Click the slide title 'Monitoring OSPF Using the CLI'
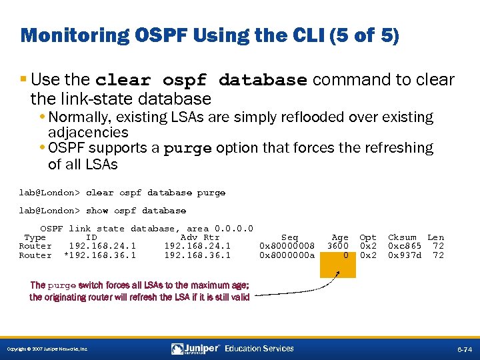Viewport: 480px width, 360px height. pos(210,35)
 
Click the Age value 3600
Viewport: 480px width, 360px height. pos(337,246)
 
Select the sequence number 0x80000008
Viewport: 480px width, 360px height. pos(287,246)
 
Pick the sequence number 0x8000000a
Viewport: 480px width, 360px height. pos(287,255)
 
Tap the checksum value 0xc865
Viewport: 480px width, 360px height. pos(405,246)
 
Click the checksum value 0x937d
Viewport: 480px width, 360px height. pos(405,255)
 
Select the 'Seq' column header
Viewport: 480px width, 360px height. pos(290,237)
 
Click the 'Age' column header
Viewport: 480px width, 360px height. pos(340,237)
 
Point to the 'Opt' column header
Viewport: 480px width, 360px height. pos(368,237)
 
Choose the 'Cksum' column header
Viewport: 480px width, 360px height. pos(402,237)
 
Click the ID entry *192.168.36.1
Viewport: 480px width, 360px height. pos(99,255)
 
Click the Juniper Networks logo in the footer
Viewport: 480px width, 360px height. pos(196,349)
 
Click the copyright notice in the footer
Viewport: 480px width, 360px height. pos(47,349)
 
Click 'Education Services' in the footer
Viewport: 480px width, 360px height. pos(259,349)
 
